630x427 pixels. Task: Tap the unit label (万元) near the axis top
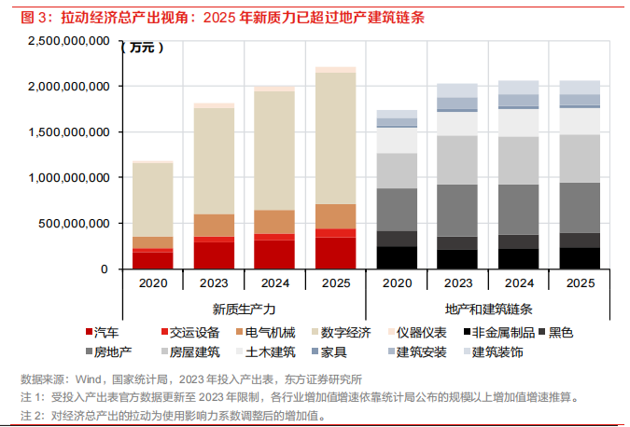click(139, 46)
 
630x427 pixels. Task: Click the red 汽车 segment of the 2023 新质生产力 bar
click(214, 255)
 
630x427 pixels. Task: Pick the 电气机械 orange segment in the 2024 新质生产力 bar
click(274, 222)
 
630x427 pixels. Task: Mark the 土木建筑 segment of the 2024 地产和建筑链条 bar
click(518, 123)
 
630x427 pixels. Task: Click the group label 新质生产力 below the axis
click(245, 309)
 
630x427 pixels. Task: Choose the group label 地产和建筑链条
click(488, 309)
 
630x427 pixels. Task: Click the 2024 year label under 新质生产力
click(274, 282)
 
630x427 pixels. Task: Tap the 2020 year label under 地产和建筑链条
click(397, 282)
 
